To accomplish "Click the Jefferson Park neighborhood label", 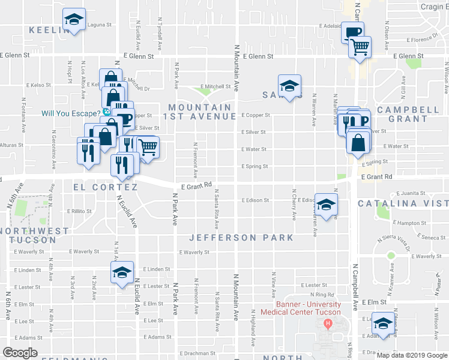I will click(x=241, y=238).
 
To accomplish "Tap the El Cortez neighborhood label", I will click(x=105, y=187).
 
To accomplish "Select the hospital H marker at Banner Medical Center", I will click(x=328, y=325).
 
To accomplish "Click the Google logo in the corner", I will click(x=20, y=353).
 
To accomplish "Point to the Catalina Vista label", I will click(x=403, y=204).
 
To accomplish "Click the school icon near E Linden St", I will click(x=122, y=272).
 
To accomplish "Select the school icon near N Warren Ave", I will click(x=326, y=205).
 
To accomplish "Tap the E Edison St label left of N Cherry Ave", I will click(x=255, y=200).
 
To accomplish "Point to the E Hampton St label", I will click(x=409, y=223).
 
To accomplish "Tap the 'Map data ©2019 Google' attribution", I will click(x=412, y=355).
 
